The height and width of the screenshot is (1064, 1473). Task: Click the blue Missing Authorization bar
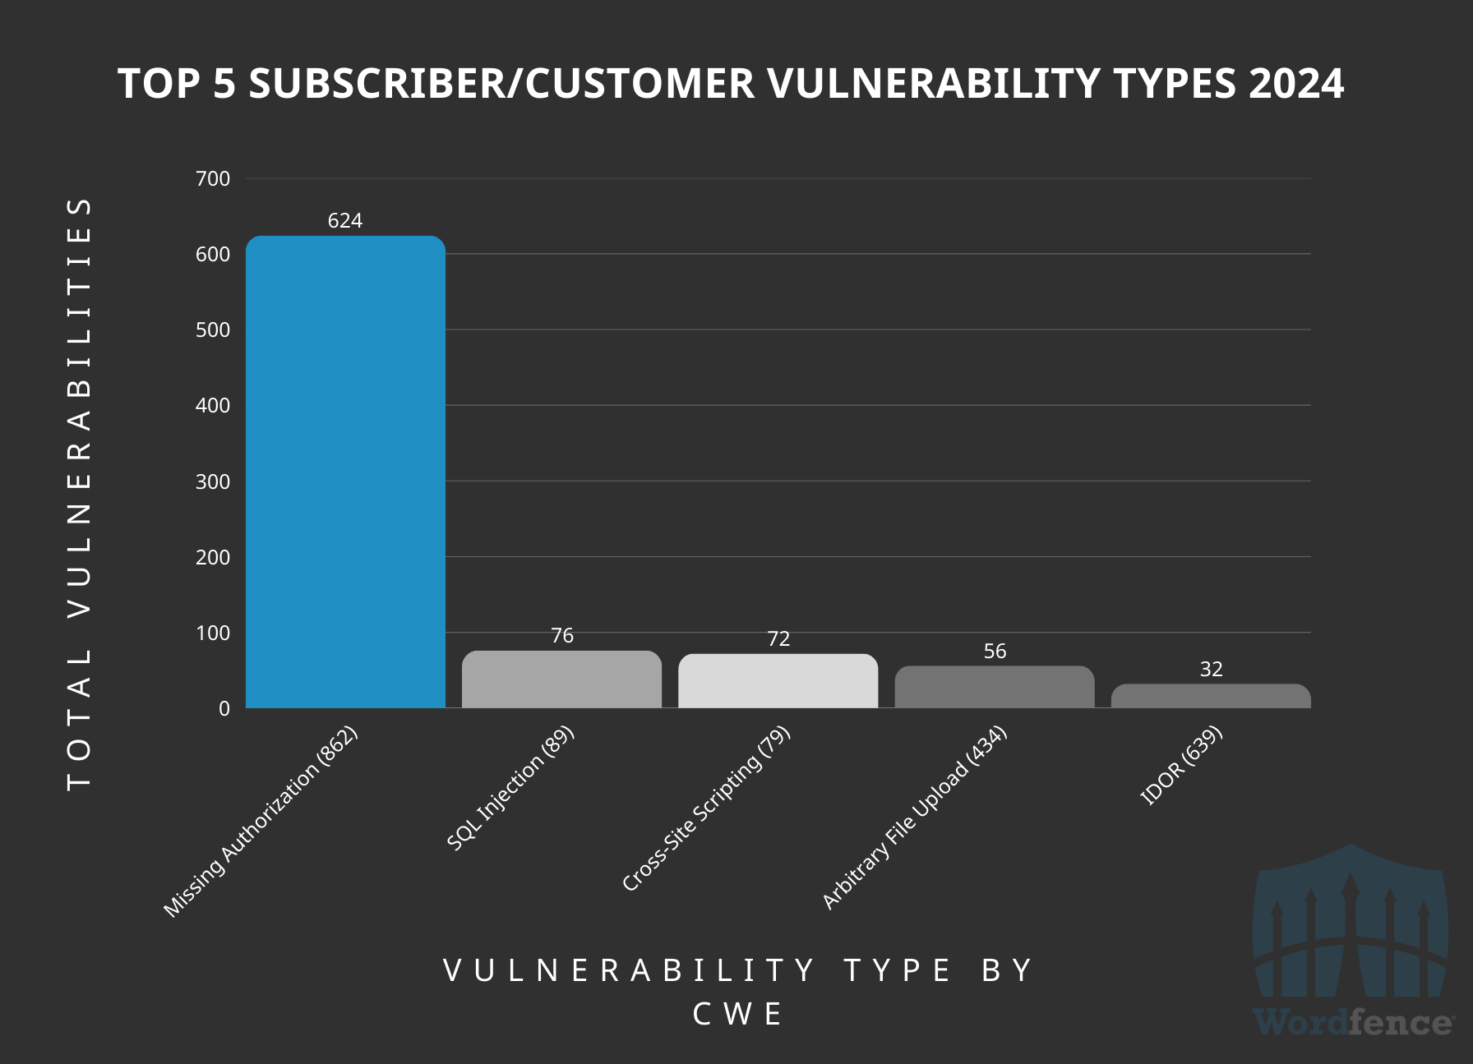point(345,472)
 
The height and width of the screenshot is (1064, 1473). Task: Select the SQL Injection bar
point(561,679)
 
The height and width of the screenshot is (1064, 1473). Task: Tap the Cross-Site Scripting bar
point(778,681)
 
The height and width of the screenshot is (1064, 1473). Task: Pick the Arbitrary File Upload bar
point(995,687)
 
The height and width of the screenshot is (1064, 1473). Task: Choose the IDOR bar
point(1211,696)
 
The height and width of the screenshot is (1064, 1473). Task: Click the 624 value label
point(345,221)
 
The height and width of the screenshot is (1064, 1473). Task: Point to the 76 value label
point(562,636)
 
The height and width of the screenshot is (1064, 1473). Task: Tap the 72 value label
point(778,639)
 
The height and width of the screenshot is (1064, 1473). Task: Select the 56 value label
point(995,652)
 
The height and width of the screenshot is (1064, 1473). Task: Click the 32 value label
point(1211,670)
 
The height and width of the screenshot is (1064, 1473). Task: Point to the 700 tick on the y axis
point(213,179)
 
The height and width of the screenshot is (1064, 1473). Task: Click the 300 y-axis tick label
point(213,482)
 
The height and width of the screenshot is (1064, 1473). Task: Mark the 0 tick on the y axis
point(224,709)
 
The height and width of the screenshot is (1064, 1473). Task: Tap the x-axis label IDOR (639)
point(1182,765)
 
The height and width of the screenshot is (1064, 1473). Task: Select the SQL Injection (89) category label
point(510,788)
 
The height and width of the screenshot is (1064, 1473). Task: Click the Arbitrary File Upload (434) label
point(915,818)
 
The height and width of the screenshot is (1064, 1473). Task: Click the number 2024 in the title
point(1296,84)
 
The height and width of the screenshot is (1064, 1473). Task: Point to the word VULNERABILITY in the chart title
point(934,84)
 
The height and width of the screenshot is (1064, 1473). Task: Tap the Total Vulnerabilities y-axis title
point(79,493)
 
